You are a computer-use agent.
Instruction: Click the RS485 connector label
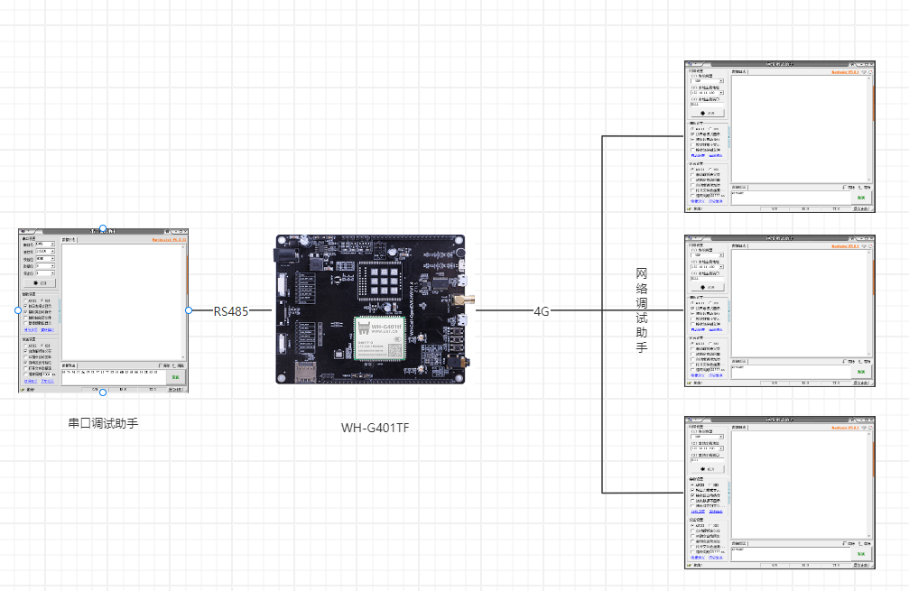[x=231, y=310]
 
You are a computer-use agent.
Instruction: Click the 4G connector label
[x=542, y=310]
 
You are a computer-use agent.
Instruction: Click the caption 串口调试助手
[x=103, y=422]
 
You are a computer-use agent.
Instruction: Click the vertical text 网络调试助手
[x=642, y=309]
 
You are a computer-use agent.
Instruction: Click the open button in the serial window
[x=41, y=282]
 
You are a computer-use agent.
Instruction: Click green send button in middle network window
[x=861, y=372]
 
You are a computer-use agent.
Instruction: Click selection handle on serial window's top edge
[x=103, y=228]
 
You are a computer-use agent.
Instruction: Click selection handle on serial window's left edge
[x=18, y=310]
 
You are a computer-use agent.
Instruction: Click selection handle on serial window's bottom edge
[x=103, y=392]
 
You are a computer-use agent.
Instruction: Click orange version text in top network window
[x=852, y=71]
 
